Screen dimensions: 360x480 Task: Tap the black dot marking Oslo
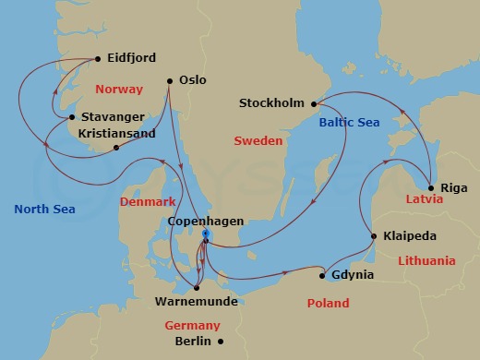[170, 80]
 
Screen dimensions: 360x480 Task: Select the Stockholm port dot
[314, 103]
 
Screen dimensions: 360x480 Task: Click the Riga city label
[454, 186]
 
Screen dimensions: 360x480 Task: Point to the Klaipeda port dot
[372, 236]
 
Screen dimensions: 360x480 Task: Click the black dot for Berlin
[220, 341]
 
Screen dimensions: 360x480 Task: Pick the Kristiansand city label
[115, 134]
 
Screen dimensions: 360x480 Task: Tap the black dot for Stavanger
[72, 117]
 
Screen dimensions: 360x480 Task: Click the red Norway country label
[118, 90]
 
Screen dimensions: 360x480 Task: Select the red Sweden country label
[258, 143]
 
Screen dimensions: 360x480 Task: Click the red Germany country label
[192, 325]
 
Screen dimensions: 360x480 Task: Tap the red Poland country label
[328, 303]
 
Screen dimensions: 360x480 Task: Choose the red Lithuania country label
[426, 261]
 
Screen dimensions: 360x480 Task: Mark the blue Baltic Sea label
[350, 122]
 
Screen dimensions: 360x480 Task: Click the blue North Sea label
[44, 210]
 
